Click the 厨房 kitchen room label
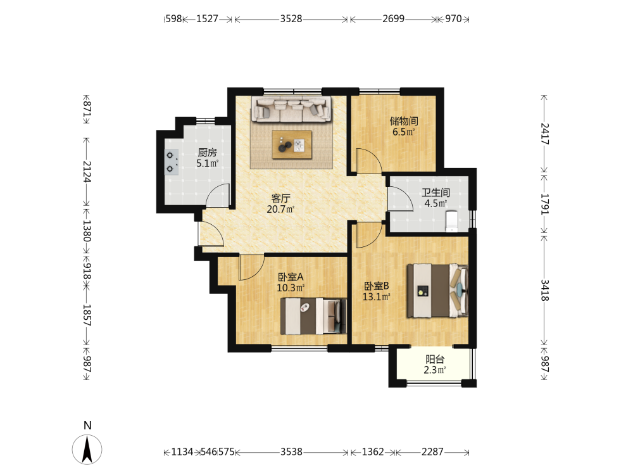click(x=207, y=152)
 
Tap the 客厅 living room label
click(x=280, y=198)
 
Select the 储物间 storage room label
click(x=404, y=121)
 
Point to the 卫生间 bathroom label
click(x=436, y=193)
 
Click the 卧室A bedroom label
click(x=291, y=277)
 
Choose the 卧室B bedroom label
click(x=377, y=286)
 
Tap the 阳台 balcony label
click(x=435, y=359)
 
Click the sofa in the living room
click(x=291, y=109)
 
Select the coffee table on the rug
click(x=292, y=144)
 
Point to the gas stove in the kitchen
click(x=171, y=161)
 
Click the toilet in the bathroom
click(x=451, y=221)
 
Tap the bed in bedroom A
click(x=314, y=316)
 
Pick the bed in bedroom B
click(x=437, y=291)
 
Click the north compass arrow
click(x=87, y=449)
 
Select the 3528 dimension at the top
click(x=291, y=19)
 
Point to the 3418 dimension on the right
click(x=544, y=291)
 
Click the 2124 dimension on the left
click(x=87, y=172)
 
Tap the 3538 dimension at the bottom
click(x=291, y=452)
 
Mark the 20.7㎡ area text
click(x=280, y=209)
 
